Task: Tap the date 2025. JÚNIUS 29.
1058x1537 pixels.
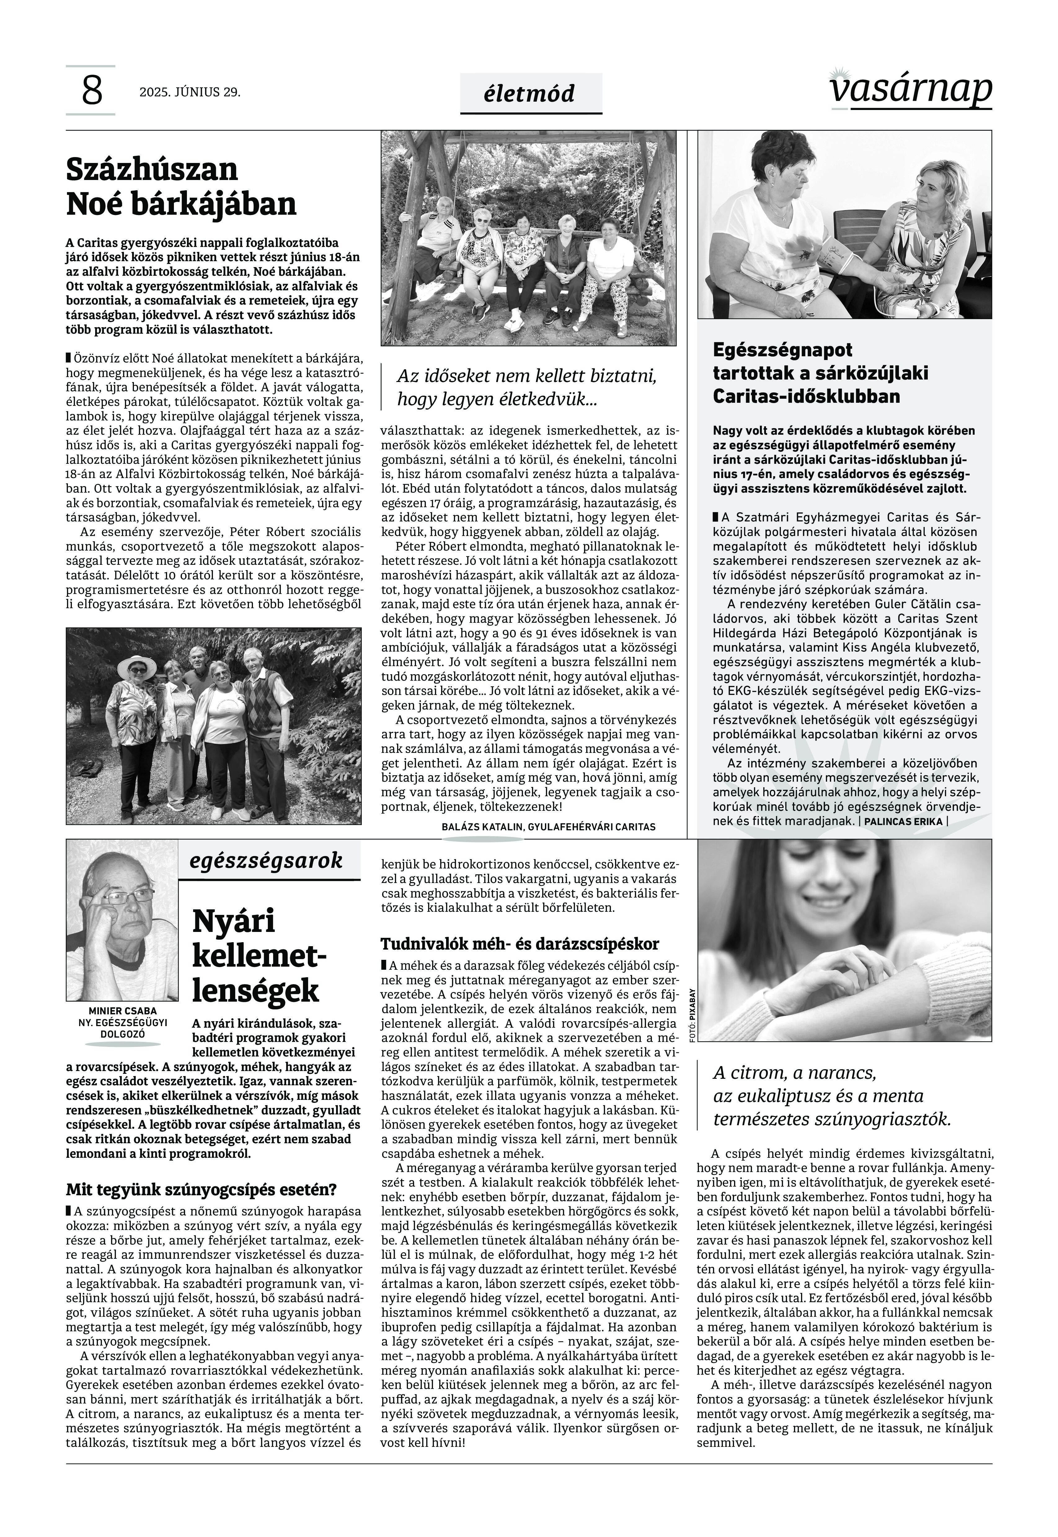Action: pos(190,92)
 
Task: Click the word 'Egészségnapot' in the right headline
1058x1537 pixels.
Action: pos(782,350)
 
